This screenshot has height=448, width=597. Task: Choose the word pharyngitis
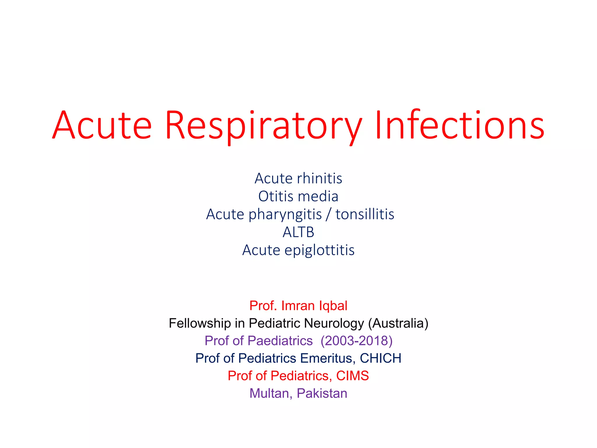click(x=285, y=215)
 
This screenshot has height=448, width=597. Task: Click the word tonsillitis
click(x=365, y=214)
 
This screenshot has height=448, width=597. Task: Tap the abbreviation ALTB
click(x=298, y=232)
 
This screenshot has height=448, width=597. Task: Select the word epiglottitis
click(x=319, y=250)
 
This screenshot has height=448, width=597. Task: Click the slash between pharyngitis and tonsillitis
click(x=329, y=215)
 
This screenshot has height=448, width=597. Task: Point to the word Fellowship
click(x=200, y=323)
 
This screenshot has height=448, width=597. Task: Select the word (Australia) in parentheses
click(x=398, y=323)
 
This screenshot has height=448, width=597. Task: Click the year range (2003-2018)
click(x=357, y=341)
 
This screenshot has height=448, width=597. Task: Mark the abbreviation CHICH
click(x=380, y=358)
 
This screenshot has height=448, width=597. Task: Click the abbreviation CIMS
click(x=352, y=376)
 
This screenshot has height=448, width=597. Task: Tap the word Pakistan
click(x=322, y=393)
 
